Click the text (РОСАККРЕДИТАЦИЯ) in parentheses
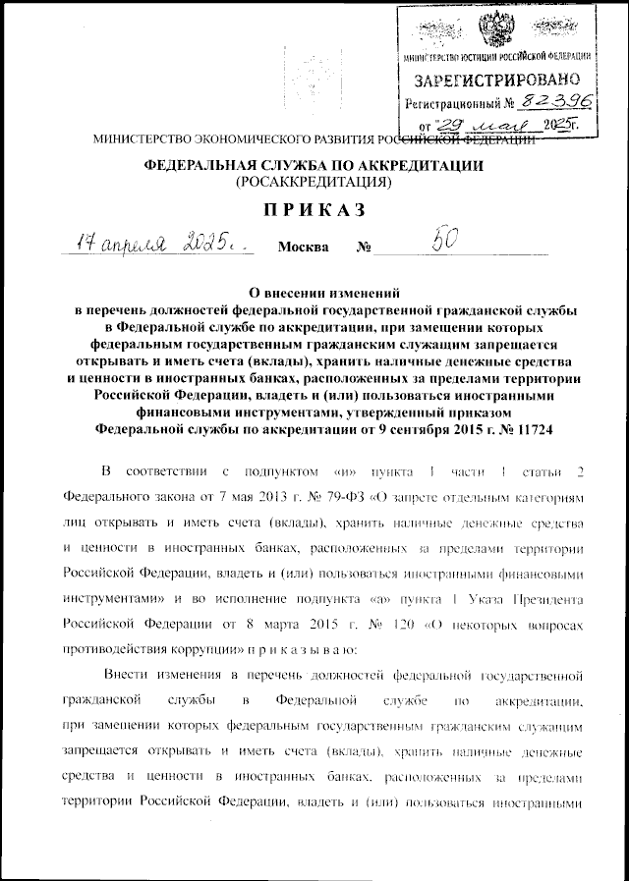pyautogui.click(x=314, y=182)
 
